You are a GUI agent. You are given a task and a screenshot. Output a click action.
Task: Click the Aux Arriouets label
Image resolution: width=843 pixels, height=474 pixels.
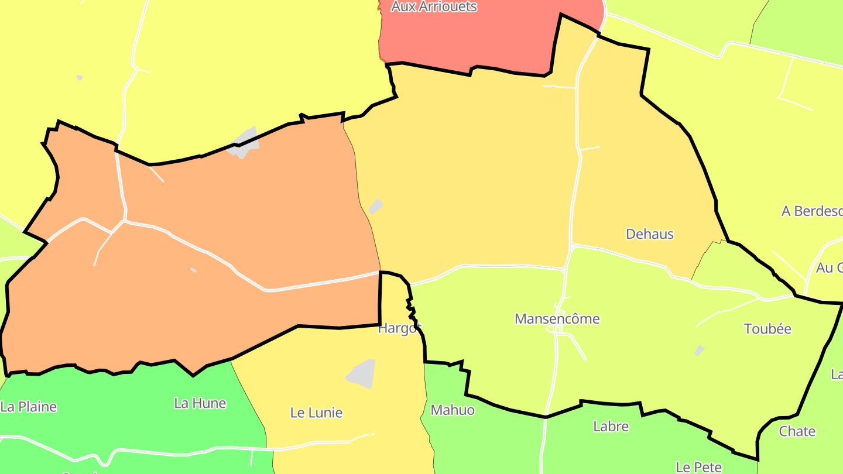tap(434, 7)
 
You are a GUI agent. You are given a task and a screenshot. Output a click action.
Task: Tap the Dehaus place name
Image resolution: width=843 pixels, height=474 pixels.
tap(650, 234)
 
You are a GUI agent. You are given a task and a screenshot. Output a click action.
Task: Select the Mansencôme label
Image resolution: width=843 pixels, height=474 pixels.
tap(557, 319)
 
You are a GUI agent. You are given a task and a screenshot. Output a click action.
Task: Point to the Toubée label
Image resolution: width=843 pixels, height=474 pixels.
tap(767, 329)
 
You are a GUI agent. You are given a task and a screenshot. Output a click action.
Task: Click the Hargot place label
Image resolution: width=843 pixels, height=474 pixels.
tap(399, 328)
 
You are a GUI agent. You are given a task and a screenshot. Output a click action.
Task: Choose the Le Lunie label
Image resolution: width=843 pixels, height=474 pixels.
tap(316, 413)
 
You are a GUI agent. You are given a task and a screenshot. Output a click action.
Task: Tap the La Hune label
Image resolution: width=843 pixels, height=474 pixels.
tap(200, 403)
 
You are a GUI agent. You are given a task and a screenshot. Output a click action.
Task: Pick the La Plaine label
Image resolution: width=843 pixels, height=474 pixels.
tap(29, 407)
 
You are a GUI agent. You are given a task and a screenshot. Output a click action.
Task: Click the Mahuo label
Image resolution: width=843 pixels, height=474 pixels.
tap(453, 410)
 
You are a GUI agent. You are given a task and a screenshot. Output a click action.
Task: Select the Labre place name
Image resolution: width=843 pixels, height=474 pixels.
tap(611, 426)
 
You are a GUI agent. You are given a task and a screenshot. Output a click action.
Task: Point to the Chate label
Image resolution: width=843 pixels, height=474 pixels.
tap(797, 431)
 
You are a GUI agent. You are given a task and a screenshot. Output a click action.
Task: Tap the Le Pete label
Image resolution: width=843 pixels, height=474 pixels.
tap(698, 466)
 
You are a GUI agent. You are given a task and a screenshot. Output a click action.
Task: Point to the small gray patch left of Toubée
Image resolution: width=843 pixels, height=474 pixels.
tap(699, 350)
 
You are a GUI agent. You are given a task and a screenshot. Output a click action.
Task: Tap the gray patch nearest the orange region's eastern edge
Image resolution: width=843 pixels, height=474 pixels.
tap(375, 207)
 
